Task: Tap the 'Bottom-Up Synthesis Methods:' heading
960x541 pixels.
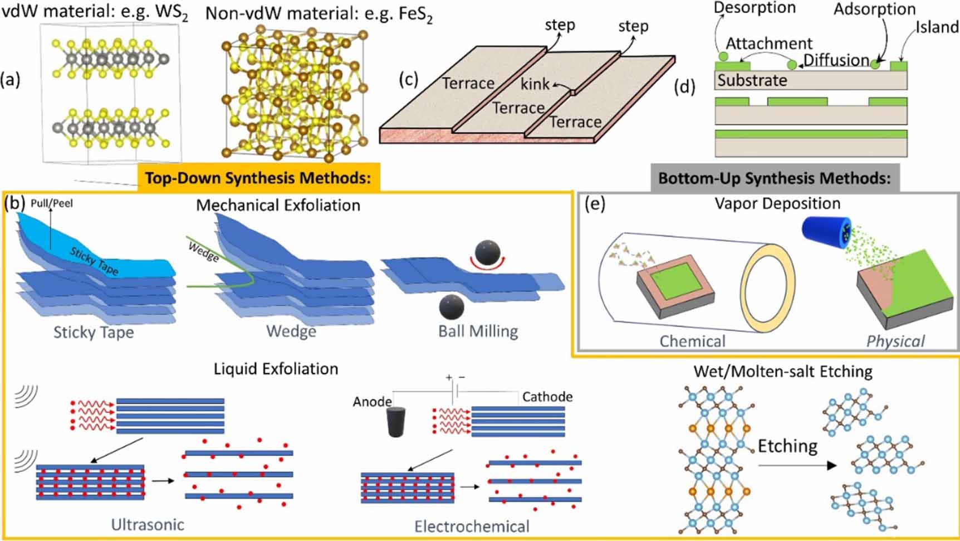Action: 775,178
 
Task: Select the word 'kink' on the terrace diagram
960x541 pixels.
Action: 535,84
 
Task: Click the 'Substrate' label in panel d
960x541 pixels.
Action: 752,80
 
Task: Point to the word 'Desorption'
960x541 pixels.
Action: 755,8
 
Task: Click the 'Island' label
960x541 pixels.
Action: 938,27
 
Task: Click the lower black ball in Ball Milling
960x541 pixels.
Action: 451,306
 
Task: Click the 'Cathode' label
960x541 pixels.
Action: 547,397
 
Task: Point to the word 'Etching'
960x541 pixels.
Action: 787,446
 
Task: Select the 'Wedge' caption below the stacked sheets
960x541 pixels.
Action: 291,332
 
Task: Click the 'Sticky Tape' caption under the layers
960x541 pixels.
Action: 94,333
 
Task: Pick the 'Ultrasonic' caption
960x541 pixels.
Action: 148,524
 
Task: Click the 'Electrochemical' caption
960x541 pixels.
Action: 472,526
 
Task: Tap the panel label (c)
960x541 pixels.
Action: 408,79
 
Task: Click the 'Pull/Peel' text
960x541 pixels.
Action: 52,204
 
